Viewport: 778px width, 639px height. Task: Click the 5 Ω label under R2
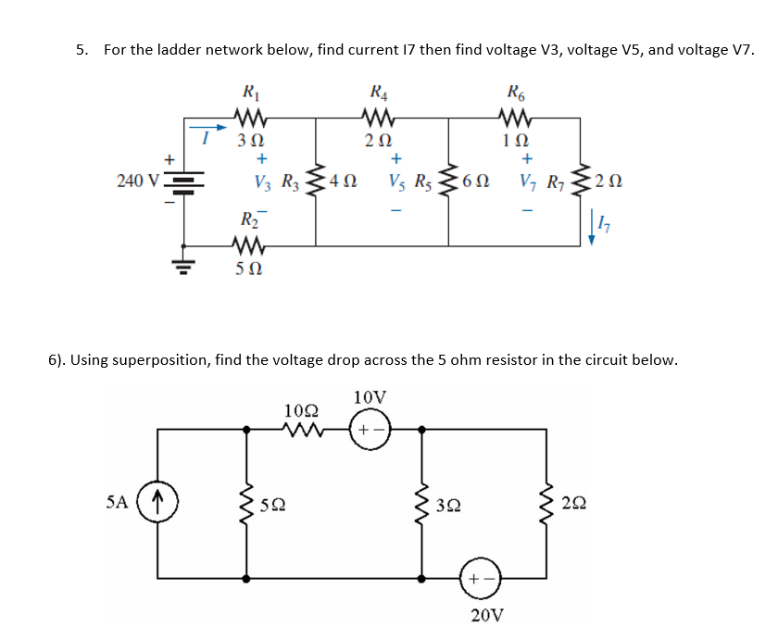coord(248,269)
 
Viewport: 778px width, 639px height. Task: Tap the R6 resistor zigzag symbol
coord(512,119)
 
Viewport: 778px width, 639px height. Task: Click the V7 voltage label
coord(532,180)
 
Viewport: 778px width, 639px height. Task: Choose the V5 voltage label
coord(396,180)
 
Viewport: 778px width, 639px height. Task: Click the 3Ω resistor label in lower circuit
coord(451,506)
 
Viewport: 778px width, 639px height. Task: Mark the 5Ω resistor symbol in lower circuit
coord(247,504)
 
